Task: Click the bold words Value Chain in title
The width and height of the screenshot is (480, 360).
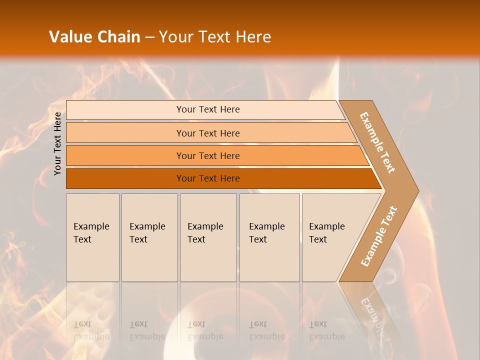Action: point(94,37)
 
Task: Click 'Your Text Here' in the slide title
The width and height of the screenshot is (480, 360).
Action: point(215,37)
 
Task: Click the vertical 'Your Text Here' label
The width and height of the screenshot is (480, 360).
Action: point(57,143)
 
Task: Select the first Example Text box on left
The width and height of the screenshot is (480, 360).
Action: point(92,237)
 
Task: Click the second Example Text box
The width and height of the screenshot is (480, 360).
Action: point(149,237)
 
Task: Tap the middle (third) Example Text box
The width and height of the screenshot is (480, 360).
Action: point(208,237)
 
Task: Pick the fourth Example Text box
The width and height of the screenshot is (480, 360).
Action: point(269,237)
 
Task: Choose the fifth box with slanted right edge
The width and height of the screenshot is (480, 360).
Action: point(330,237)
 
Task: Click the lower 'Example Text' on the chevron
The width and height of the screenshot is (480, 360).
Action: point(379,236)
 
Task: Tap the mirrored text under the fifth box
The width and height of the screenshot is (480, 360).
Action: point(326,330)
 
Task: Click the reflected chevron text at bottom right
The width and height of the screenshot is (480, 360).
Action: point(371,312)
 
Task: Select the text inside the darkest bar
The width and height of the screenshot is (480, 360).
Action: point(208,178)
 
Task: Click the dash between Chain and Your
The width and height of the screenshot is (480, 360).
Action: point(149,37)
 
